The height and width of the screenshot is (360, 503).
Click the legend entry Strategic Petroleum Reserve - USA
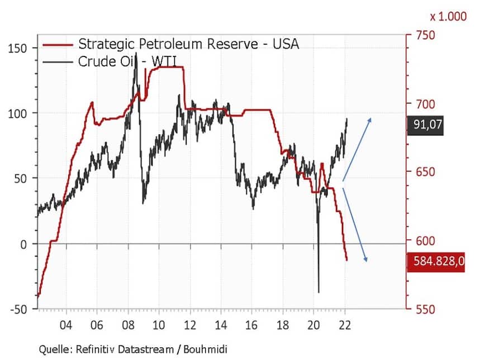click(188, 44)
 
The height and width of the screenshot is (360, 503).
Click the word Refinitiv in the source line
click(97, 349)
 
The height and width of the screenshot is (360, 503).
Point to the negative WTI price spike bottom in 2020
click(319, 292)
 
